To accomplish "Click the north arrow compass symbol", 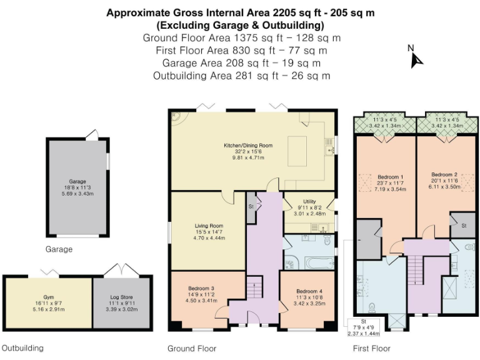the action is [x=416, y=60].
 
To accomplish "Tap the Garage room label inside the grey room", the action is [x=77, y=181].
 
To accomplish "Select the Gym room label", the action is [x=49, y=297].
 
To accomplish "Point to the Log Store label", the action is [x=121, y=297].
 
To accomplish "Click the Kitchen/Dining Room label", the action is [x=248, y=146].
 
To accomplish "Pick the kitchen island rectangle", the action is [x=297, y=151].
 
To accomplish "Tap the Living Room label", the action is [x=209, y=226].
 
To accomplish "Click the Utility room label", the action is [x=309, y=201].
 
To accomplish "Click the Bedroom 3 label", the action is [x=201, y=288].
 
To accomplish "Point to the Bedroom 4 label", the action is [x=309, y=291].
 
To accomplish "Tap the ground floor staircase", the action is [x=255, y=287].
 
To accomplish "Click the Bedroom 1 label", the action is [x=390, y=177].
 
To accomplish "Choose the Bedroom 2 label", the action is [x=444, y=174].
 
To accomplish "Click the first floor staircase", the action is [x=415, y=270].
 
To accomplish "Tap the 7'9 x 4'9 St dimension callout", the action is [x=364, y=327].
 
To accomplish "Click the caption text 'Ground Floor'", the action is [x=192, y=349].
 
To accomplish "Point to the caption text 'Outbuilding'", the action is [x=22, y=348].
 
